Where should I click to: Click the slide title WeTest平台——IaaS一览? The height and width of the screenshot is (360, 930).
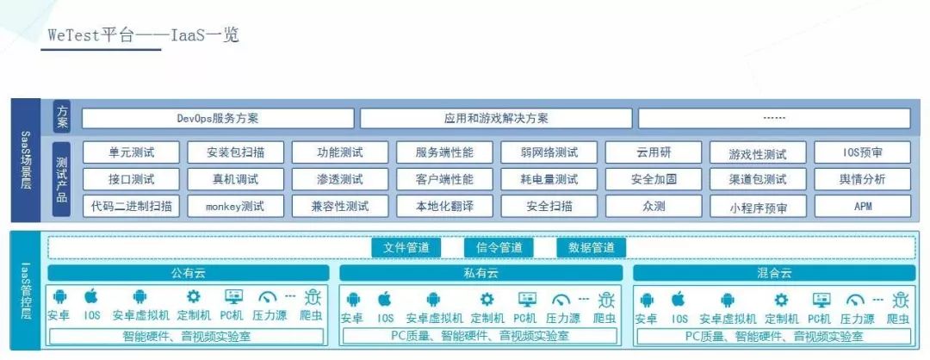coord(143,35)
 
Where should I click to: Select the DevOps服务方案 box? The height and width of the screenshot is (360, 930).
coord(217,118)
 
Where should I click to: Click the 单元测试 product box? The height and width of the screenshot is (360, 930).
coord(131,152)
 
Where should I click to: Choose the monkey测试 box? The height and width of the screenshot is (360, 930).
coord(235,207)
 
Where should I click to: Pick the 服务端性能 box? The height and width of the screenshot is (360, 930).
coord(443,152)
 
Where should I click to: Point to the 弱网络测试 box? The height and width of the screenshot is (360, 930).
coord(549,152)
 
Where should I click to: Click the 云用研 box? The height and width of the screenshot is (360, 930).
coord(653,152)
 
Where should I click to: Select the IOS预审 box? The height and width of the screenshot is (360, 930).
coord(862,152)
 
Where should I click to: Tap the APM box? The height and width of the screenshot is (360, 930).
coord(862,207)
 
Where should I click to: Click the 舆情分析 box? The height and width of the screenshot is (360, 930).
coord(862,179)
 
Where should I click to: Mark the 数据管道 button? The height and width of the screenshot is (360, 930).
coord(591,248)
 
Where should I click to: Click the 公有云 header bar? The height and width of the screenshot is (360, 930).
coord(187,273)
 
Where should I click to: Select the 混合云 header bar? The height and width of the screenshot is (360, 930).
coord(773,273)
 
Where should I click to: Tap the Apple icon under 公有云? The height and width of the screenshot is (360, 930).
coord(91,297)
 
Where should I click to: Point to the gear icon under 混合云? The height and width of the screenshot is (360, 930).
coord(781,300)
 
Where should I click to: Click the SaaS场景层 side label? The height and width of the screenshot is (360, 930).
coord(26,160)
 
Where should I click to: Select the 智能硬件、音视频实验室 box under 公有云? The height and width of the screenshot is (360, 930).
coord(187,336)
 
